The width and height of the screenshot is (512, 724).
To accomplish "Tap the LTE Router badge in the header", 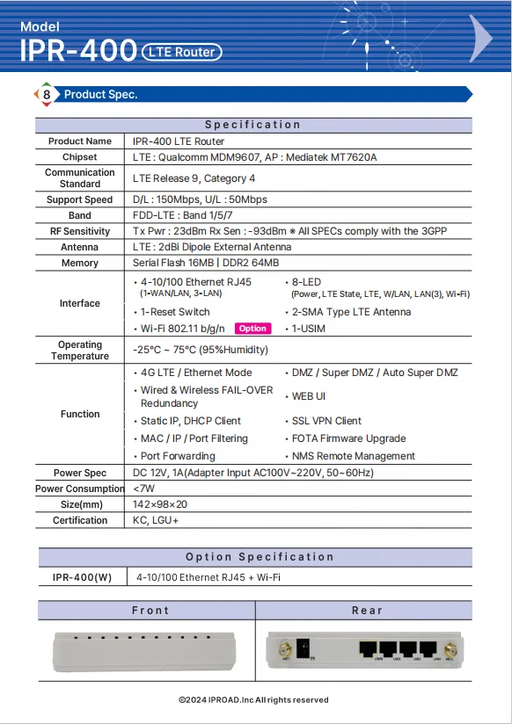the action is click(x=181, y=52).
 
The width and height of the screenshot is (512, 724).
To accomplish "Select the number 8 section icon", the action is click(x=46, y=94).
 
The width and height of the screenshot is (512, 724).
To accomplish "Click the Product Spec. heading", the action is click(x=101, y=94).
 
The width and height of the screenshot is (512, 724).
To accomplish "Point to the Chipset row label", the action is click(x=80, y=157).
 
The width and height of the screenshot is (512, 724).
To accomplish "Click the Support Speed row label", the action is click(x=80, y=199).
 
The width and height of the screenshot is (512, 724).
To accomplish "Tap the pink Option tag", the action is click(x=252, y=329).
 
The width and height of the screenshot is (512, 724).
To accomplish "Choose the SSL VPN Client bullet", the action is click(x=326, y=421).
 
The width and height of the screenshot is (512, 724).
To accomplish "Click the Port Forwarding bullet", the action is click(x=178, y=456).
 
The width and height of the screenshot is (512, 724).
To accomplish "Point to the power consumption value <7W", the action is click(x=143, y=489).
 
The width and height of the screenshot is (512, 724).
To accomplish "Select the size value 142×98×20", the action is click(x=160, y=504).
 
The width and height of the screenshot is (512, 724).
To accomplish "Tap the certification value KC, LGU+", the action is click(x=156, y=520).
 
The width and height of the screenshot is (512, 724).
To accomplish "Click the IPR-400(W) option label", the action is click(x=82, y=577).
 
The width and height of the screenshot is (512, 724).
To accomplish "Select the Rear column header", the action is click(x=367, y=610).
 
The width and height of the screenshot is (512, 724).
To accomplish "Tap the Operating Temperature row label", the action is click(x=80, y=351).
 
